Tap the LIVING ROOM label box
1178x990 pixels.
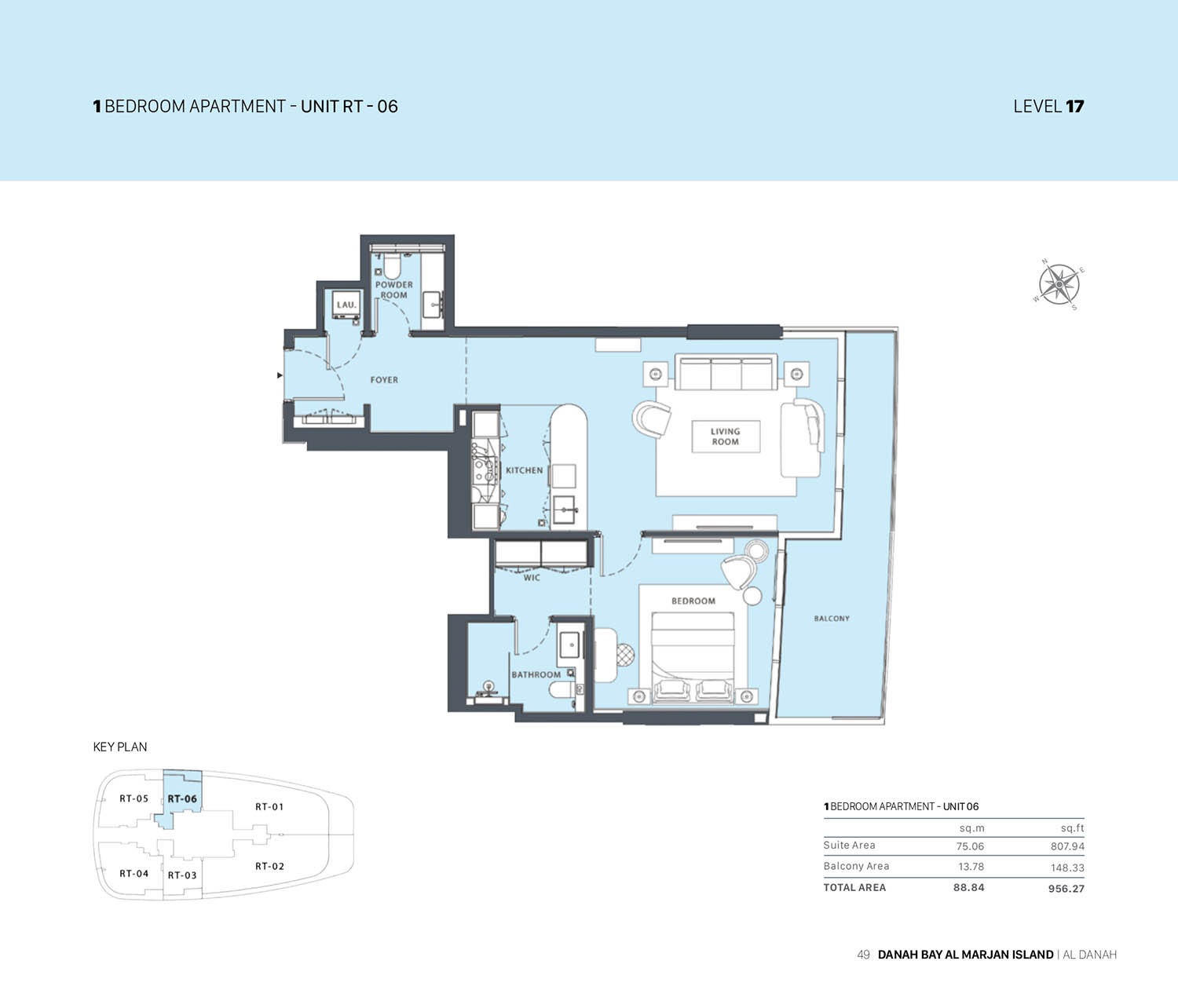725,437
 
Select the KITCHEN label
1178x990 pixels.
524,470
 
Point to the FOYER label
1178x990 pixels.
384,380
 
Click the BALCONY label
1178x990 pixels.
832,619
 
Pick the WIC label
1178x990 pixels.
532,578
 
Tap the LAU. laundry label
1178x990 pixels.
346,305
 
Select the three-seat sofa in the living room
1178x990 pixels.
726,374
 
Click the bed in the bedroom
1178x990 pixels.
693,652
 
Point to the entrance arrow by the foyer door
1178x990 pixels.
280,376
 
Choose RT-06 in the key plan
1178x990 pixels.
182,799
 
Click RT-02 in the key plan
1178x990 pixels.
269,867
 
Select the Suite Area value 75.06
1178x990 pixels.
970,846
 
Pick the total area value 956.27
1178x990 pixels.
1066,889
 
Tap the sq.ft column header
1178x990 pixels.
1072,828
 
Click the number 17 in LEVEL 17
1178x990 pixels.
1074,107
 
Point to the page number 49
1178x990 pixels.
863,955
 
